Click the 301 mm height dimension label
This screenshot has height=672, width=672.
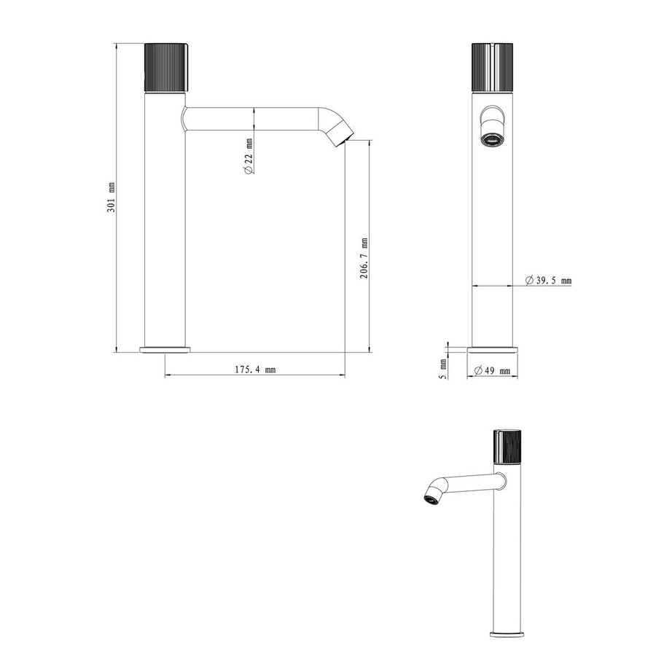(x=112, y=198)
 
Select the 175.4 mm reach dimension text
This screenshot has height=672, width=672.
(x=255, y=369)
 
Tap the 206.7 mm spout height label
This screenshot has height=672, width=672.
(x=364, y=258)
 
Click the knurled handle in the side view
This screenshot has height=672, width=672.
(x=163, y=66)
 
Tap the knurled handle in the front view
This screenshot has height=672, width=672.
(x=496, y=66)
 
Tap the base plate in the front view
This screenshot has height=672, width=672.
(x=496, y=349)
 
